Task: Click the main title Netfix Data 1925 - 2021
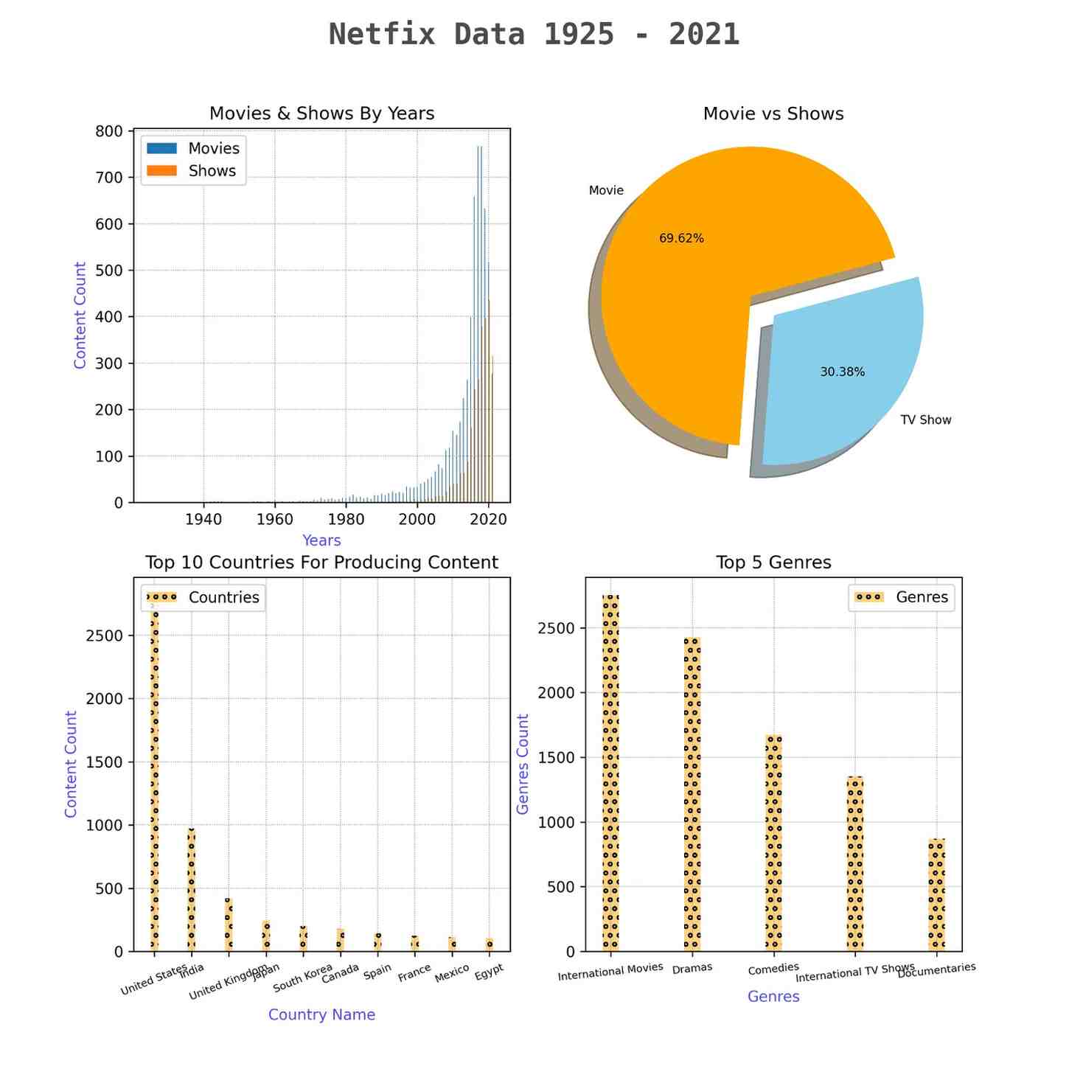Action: tap(534, 35)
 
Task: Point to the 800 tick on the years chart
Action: tap(108, 131)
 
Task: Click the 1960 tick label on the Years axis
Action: tap(274, 519)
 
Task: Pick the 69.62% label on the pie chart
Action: tap(681, 238)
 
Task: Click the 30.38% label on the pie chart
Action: tap(842, 372)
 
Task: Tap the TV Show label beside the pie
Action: tap(925, 420)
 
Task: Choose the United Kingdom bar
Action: tap(229, 925)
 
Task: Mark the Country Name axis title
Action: tap(321, 1015)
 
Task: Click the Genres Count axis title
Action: tap(523, 764)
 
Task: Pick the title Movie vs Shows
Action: tap(773, 114)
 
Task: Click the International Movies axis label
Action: tap(610, 972)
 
